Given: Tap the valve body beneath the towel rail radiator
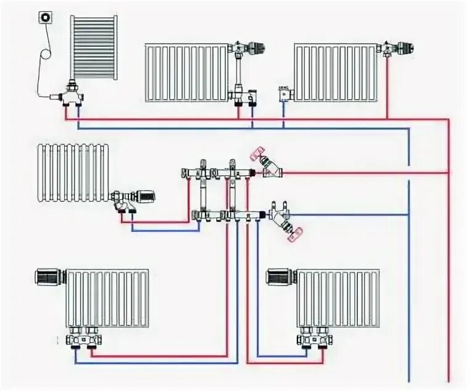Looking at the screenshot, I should click(x=73, y=95).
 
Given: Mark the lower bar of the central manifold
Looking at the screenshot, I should click(x=228, y=215).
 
